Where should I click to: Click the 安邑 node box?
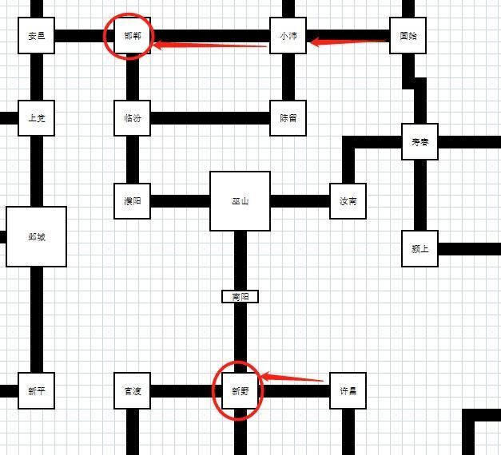pyautogui.click(x=36, y=36)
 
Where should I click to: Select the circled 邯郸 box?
pyautogui.click(x=132, y=36)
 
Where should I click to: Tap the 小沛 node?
pyautogui.click(x=288, y=36)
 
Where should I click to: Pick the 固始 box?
pyautogui.click(x=408, y=36)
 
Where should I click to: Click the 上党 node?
pyautogui.click(x=36, y=118)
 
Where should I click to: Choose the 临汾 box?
pyautogui.click(x=132, y=118)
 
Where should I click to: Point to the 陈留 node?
pyautogui.click(x=288, y=118)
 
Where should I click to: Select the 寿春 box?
pyautogui.click(x=419, y=142)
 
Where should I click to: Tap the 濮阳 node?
pyautogui.click(x=132, y=200)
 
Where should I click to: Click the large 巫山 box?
pyautogui.click(x=240, y=201)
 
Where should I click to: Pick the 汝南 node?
pyautogui.click(x=348, y=200)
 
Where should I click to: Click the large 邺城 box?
pyautogui.click(x=36, y=236)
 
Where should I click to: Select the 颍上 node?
pyautogui.click(x=419, y=248)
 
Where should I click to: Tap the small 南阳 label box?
pyautogui.click(x=240, y=296)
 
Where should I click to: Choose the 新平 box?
pyautogui.click(x=36, y=391)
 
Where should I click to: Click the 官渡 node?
pyautogui.click(x=132, y=391)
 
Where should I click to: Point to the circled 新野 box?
pyautogui.click(x=240, y=391)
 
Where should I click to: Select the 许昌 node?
pyautogui.click(x=348, y=391)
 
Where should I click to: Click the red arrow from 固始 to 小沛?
pyautogui.click(x=348, y=40)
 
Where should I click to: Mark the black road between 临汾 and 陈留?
pyautogui.click(x=209, y=118)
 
